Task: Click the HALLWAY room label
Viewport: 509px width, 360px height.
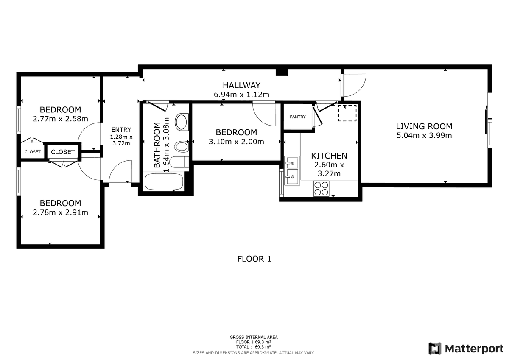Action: click(241, 85)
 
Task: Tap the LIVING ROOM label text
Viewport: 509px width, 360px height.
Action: click(424, 126)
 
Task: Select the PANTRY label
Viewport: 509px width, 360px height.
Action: click(298, 117)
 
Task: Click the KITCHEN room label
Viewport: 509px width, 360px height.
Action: click(329, 156)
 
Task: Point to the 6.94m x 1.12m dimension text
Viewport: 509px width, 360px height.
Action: click(241, 94)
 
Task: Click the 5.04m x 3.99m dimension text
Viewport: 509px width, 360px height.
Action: click(424, 136)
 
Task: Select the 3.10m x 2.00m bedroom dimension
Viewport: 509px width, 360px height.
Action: click(236, 142)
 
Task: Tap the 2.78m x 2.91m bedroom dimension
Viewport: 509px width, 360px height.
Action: click(60, 212)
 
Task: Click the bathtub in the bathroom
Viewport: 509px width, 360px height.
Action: click(164, 181)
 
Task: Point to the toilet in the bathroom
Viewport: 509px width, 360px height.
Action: click(180, 162)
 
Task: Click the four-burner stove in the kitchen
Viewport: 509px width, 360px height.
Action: click(321, 189)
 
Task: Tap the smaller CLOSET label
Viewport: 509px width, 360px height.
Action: click(33, 152)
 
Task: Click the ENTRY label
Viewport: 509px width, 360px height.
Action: click(121, 130)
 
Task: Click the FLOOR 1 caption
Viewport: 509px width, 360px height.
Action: click(254, 259)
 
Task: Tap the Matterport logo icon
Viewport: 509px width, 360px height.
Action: click(435, 349)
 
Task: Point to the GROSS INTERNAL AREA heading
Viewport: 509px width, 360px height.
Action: click(254, 337)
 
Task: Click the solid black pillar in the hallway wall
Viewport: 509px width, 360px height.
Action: click(282, 72)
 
